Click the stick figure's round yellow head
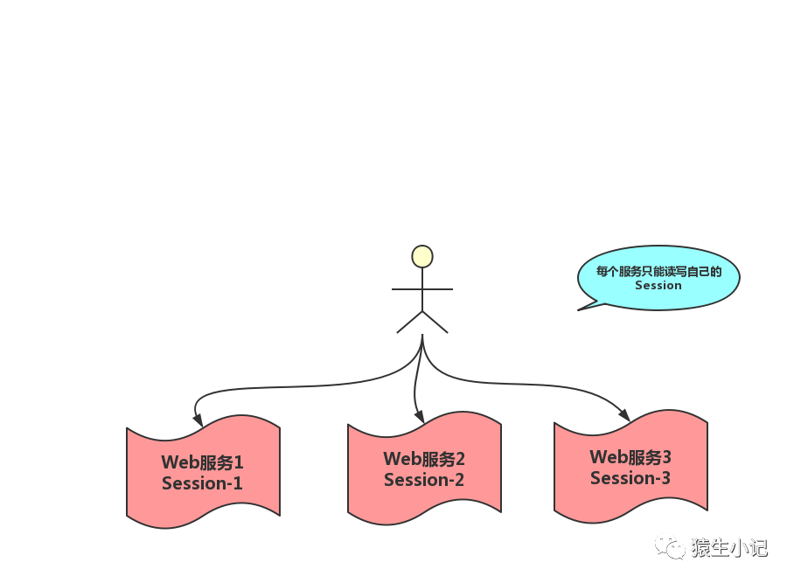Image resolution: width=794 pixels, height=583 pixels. (422, 256)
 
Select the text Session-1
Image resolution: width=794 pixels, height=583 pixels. (202, 483)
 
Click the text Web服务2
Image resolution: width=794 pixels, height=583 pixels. (424, 459)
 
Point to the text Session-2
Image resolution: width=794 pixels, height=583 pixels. (424, 480)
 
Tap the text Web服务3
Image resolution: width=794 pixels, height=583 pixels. (630, 457)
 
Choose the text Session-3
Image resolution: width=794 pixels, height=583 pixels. (630, 478)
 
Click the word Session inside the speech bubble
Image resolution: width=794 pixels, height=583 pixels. (658, 285)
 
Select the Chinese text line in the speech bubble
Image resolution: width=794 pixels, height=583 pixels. (658, 271)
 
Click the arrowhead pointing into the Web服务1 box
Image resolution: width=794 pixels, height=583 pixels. (198, 420)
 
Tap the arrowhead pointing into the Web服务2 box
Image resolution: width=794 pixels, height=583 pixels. (419, 416)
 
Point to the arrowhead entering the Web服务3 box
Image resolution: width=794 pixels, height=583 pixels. (623, 415)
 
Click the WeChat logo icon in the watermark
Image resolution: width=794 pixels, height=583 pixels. (671, 547)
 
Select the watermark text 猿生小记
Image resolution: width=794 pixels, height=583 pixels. (728, 548)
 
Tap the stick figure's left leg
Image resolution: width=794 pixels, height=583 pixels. (409, 322)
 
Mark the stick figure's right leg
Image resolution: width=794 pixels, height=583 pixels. (435, 322)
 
